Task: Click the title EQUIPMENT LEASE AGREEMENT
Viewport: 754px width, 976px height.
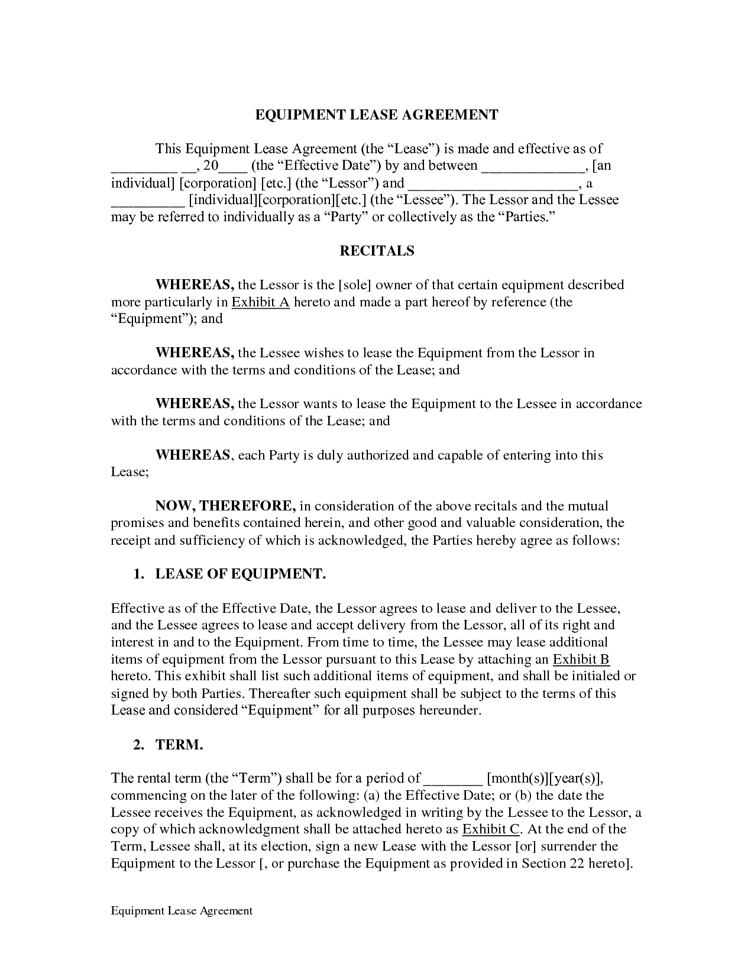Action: click(377, 115)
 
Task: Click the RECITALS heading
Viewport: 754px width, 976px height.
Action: click(377, 251)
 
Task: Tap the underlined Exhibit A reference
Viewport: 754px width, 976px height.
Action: click(260, 302)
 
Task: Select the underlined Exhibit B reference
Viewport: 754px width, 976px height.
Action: click(581, 660)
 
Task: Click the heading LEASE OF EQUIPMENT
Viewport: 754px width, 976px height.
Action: click(240, 574)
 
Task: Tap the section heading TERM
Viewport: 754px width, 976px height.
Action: click(179, 745)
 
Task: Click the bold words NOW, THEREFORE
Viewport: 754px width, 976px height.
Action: click(225, 506)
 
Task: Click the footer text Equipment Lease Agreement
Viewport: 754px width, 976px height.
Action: click(182, 911)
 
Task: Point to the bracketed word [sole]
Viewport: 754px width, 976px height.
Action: click(354, 285)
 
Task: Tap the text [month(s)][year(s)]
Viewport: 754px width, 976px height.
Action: click(544, 778)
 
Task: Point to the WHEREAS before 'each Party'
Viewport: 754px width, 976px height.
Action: click(192, 455)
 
